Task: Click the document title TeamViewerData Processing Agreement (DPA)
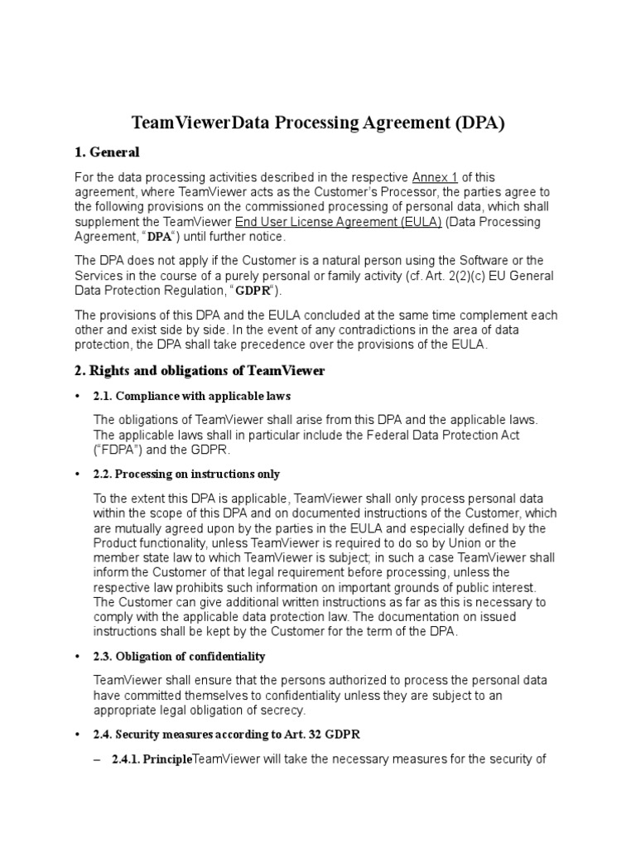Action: click(318, 123)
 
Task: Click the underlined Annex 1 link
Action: click(434, 177)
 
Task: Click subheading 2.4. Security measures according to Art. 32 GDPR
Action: click(227, 735)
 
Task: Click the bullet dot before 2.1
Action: click(78, 396)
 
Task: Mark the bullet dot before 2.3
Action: click(78, 657)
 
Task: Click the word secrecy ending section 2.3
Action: click(279, 710)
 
